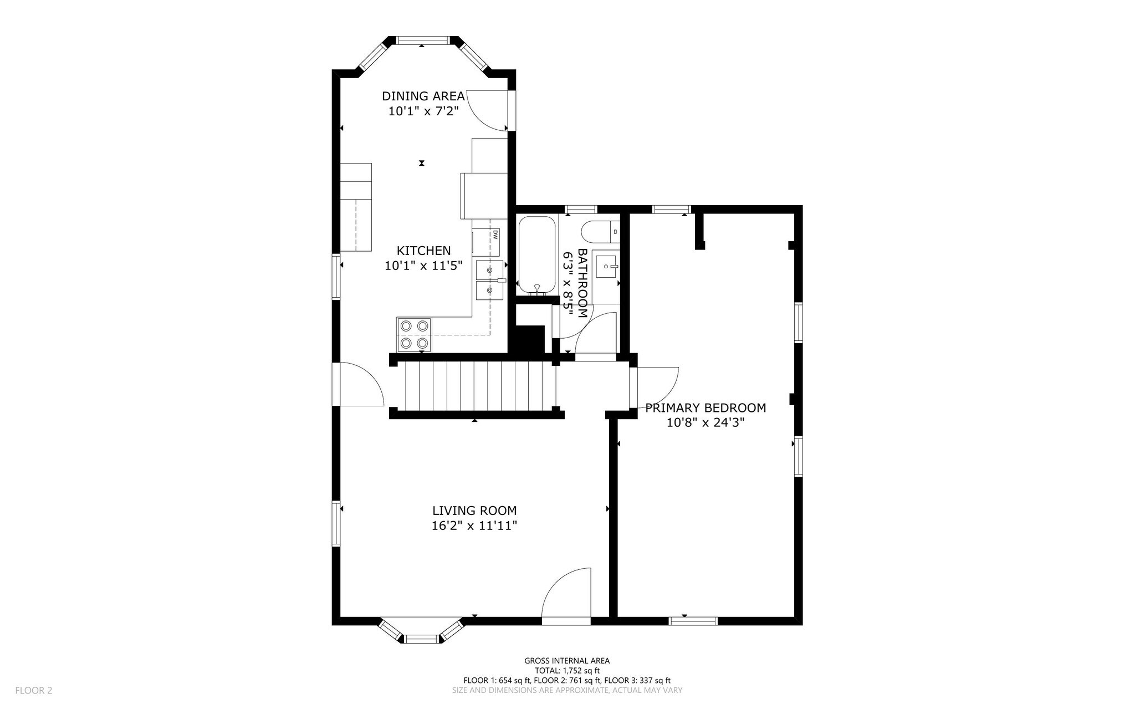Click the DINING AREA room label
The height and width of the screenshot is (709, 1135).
coord(423,96)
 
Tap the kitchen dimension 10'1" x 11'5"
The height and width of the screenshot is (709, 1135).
coord(423,266)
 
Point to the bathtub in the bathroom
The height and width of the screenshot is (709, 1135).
coord(536,255)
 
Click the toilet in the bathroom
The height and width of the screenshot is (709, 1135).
coord(601,232)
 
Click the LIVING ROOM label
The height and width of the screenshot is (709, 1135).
coord(474,511)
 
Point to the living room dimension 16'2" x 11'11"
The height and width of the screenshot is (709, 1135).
coord(474,526)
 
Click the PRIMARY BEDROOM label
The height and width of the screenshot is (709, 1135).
coord(705,408)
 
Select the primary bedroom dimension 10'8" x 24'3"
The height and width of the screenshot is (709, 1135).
coord(705,423)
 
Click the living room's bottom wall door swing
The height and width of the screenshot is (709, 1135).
coord(566,593)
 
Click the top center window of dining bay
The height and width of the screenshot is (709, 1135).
coord(422,40)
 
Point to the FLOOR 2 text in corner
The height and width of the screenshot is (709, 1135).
coord(34,690)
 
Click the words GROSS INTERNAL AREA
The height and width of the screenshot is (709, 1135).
coord(567,660)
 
